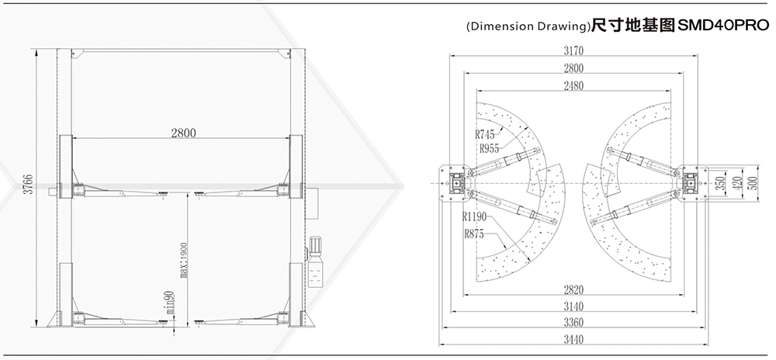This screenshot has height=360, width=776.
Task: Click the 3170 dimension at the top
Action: pos(573,51)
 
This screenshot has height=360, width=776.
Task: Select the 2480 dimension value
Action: pos(573,85)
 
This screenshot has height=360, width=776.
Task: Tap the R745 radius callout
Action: pos(484,134)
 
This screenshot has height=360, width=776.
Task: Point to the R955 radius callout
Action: pos(490,148)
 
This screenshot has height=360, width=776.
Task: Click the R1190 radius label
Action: pos(475,216)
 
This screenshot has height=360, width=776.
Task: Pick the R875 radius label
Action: pos(474,234)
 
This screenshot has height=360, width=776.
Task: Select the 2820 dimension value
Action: pos(573,289)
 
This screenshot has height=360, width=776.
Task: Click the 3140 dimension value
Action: pos(573,306)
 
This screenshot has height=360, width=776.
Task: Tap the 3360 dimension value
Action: pos(573,323)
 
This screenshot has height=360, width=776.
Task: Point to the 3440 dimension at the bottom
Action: pos(573,340)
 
